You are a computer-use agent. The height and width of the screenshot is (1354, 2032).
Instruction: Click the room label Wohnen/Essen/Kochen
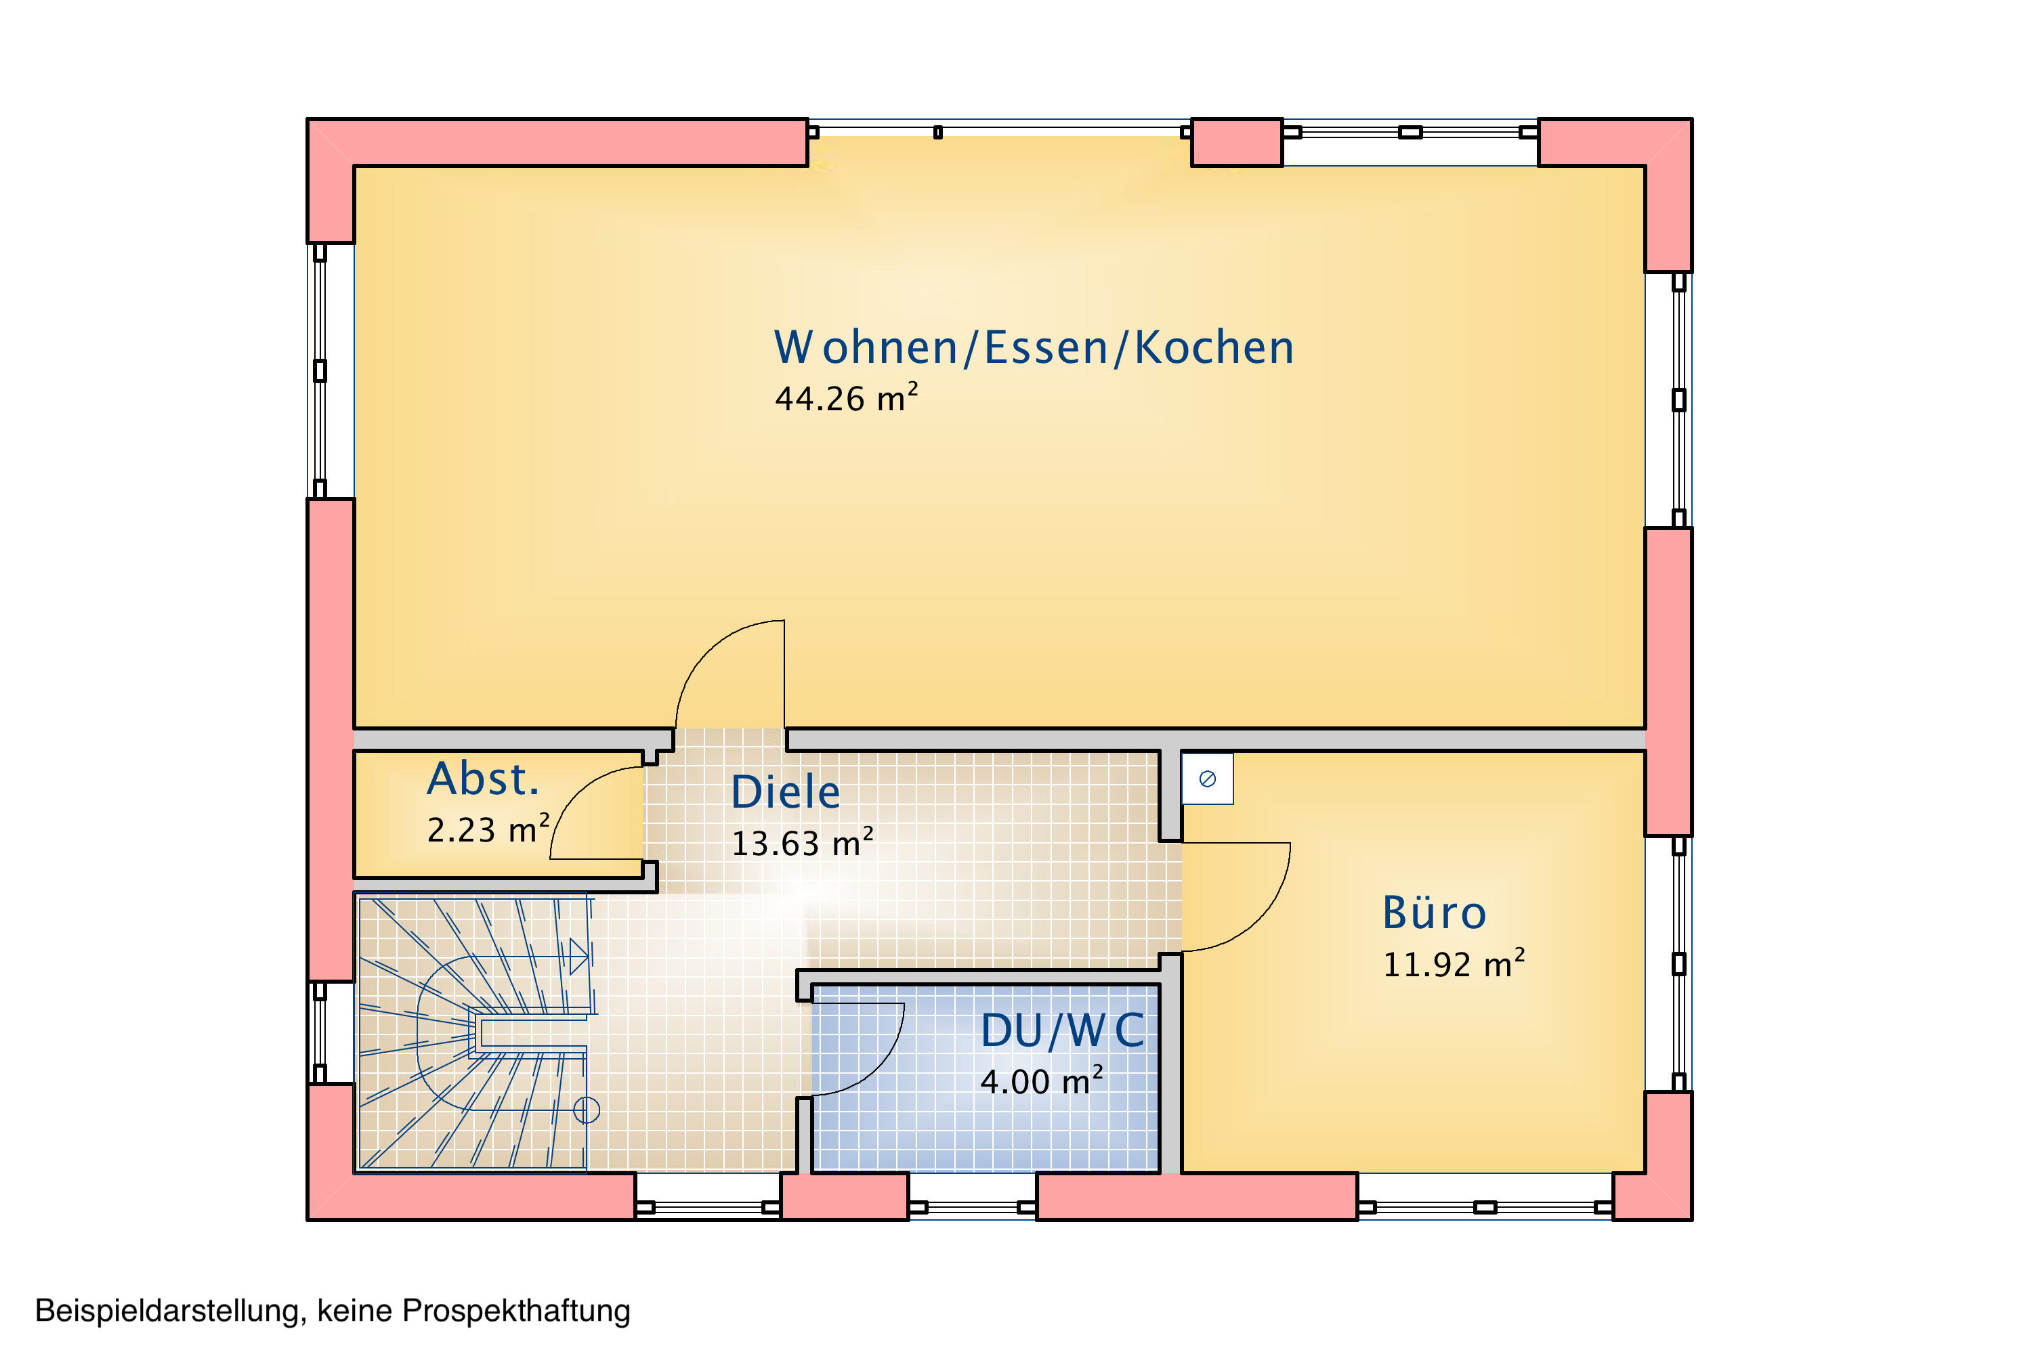pos(1034,347)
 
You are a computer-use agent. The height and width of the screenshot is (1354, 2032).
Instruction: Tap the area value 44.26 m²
pos(846,398)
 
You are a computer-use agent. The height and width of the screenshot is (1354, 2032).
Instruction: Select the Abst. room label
pos(483,779)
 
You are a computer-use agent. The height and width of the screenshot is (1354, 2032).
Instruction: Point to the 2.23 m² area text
pos(488,829)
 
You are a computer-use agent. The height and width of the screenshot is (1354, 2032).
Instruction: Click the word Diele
pos(785,793)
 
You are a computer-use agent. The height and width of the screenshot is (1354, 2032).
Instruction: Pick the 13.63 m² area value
pos(803,843)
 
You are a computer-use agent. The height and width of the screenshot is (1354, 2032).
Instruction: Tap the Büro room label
pos(1434,913)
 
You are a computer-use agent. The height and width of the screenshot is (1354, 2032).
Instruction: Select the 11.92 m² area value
pos(1454,963)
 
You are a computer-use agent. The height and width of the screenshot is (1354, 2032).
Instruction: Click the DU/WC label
pos(1063,1030)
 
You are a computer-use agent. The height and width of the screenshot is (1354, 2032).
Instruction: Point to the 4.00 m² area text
pos(1041,1081)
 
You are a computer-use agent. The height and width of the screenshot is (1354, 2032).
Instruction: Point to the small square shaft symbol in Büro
pos(1208,779)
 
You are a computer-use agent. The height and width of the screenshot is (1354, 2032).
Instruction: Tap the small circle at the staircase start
pos(587,1110)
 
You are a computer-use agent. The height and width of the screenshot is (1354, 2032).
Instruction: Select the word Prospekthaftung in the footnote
pos(517,1311)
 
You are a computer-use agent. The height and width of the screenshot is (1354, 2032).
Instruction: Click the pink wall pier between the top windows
pos(1237,142)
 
